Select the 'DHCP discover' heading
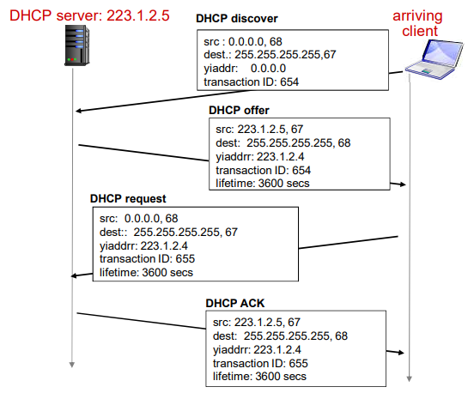click(x=237, y=17)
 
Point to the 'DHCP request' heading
click(x=130, y=199)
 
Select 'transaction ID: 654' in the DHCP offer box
click(x=264, y=171)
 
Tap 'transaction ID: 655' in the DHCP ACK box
click(x=260, y=363)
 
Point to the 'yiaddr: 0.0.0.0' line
click(x=244, y=67)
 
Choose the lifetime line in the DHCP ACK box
click(x=259, y=377)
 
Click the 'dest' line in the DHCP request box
click(x=168, y=231)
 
